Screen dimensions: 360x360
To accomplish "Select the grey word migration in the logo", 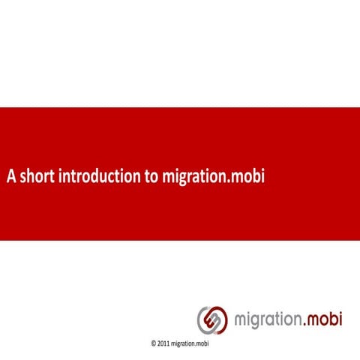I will click(x=268, y=320).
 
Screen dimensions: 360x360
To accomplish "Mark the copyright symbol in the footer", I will click(x=154, y=343).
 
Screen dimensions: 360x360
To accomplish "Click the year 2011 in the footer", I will click(x=163, y=343).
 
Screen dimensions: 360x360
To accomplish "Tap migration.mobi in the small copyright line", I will click(x=190, y=343).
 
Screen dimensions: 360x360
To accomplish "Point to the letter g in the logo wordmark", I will click(x=255, y=322).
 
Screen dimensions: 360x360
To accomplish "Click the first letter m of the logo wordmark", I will click(x=241, y=321).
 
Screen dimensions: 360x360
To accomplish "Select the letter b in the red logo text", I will click(x=333, y=319).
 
